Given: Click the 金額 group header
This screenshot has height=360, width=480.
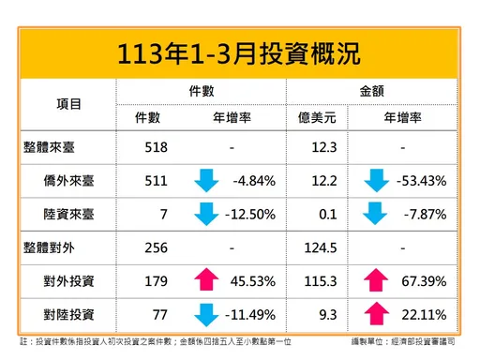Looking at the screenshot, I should click(378, 90).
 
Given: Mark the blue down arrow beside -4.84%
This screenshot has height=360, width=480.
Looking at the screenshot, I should click(206, 180).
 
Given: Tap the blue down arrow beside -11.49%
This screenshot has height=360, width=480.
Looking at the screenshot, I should click(206, 313).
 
